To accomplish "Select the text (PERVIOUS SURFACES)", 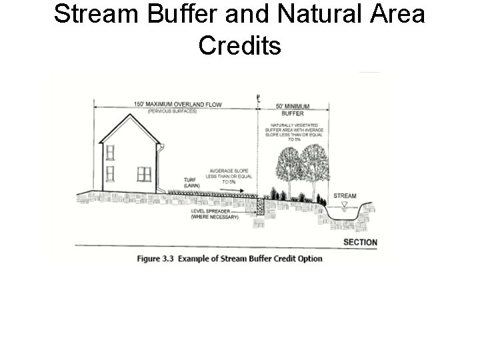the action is tap(173, 111).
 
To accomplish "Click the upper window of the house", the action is tap(110, 152).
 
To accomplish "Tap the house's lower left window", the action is tap(110, 174).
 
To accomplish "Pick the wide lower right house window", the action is tap(144, 174).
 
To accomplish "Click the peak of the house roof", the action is tap(129, 115).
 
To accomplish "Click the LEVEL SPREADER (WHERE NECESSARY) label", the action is tap(215, 214).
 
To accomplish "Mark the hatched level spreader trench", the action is tap(260, 207).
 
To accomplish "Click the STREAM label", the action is tap(345, 196).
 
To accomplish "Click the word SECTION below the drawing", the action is tap(360, 242).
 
